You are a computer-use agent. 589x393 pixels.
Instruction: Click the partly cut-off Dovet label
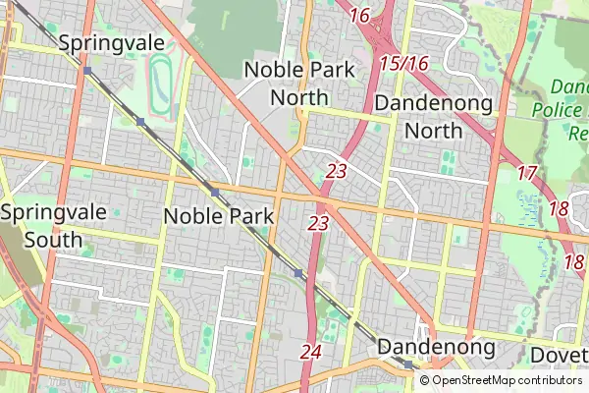558,355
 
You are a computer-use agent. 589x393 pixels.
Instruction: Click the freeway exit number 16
359,15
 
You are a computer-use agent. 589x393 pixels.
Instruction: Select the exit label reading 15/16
403,64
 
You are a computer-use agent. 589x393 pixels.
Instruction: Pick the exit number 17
526,173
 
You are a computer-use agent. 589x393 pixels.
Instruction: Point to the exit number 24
311,351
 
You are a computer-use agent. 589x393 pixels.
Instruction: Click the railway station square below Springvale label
87,71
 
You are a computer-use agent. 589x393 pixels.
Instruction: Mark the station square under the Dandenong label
407,365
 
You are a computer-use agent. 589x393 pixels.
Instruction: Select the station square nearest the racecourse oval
140,122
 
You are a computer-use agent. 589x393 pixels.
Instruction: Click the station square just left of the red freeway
297,273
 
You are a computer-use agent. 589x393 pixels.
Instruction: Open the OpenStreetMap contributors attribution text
506,380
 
